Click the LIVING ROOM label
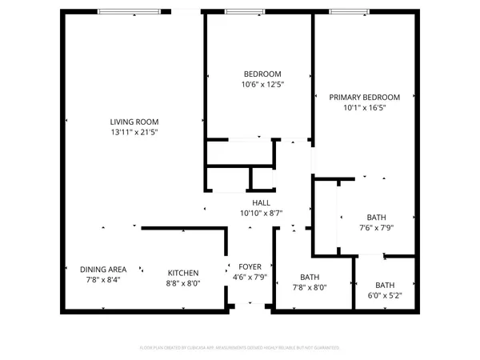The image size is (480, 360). point(134,122)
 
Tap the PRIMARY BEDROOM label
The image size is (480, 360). point(358,98)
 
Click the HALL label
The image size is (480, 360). point(262,203)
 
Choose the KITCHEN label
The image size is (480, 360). point(182,272)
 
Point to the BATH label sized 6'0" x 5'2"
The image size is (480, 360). point(385,285)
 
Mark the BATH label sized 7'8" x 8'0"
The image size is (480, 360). point(309,278)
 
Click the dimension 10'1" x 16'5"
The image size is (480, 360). point(358,108)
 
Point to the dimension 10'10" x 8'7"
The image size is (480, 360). point(262,214)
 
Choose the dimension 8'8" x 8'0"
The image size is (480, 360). point(182,282)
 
